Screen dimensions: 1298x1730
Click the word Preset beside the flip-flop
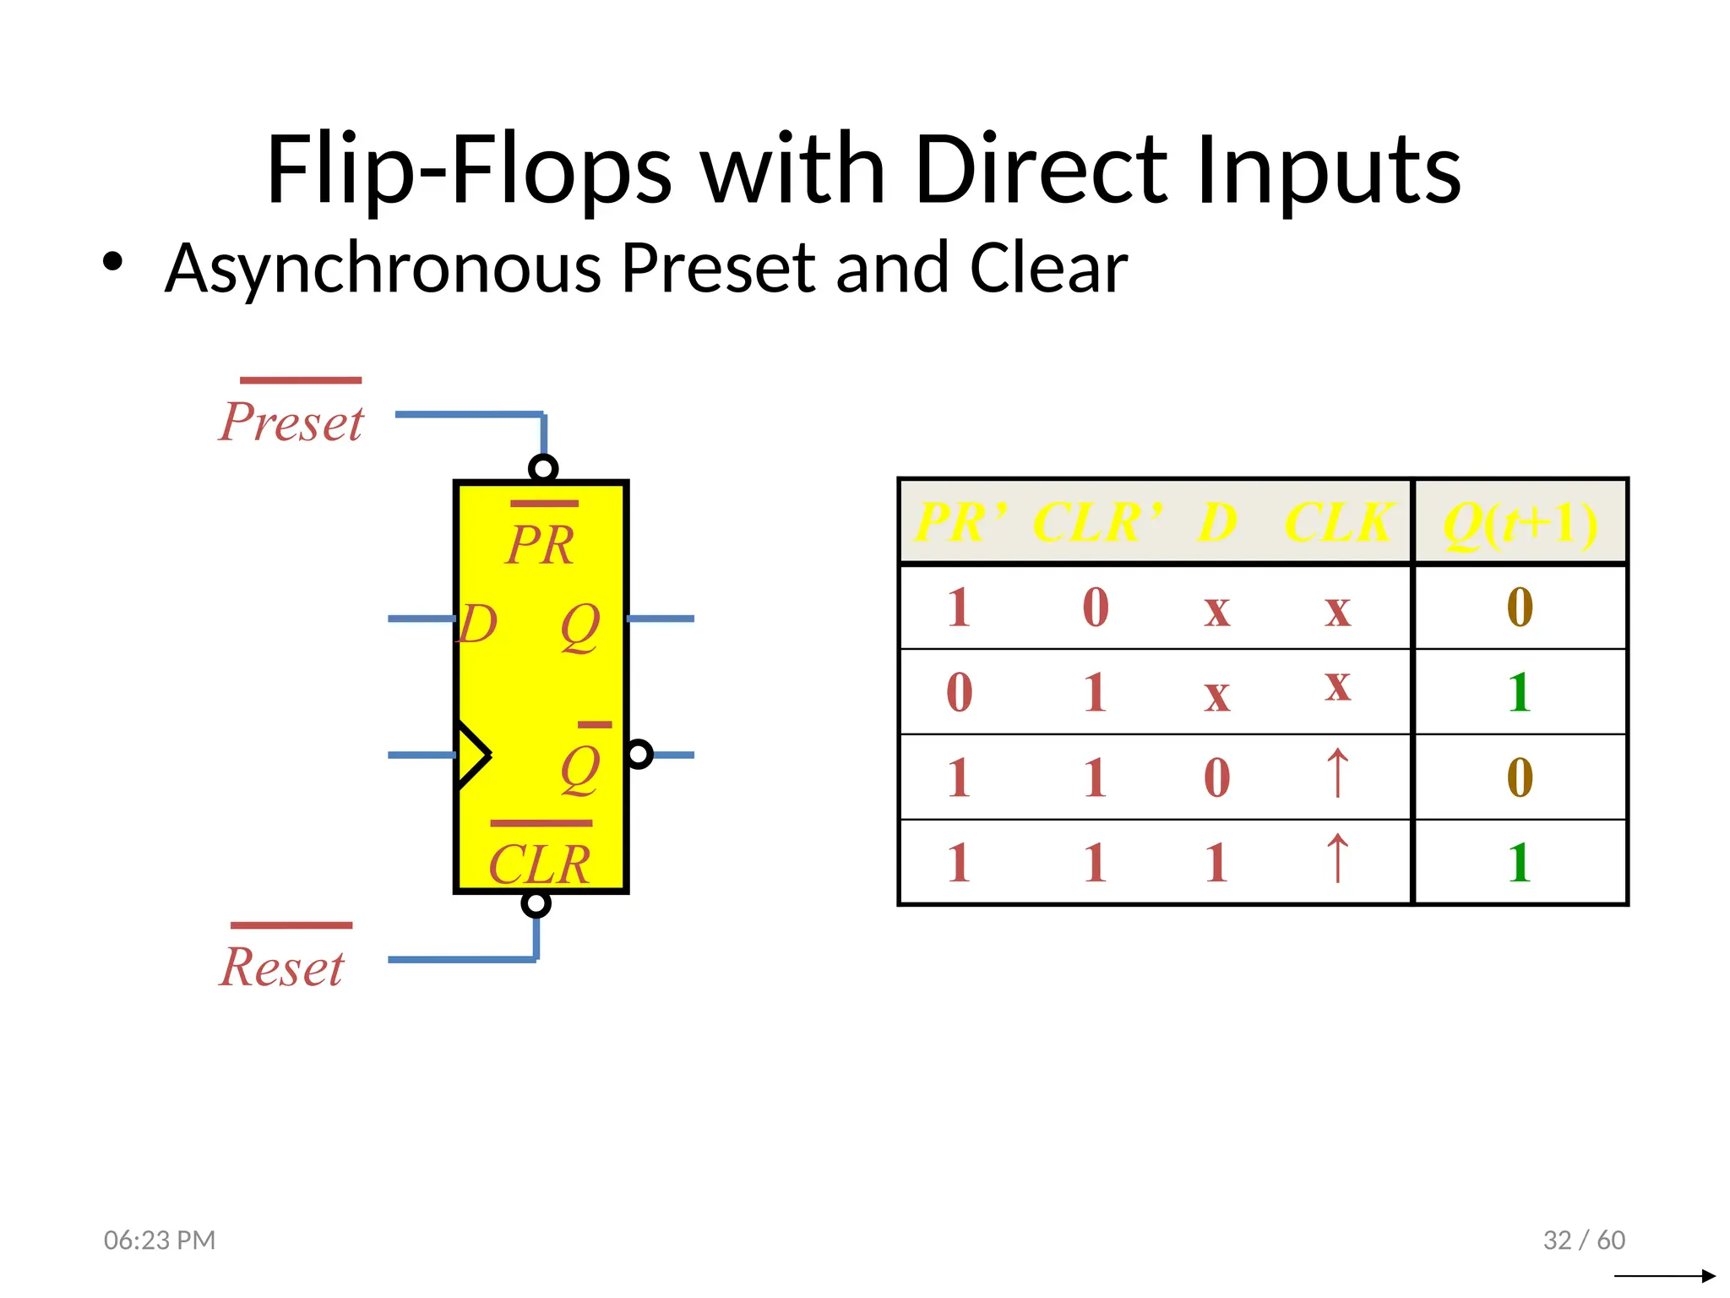[291, 422]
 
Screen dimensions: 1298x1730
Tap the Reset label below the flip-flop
[282, 967]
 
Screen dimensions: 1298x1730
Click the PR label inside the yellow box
[541, 545]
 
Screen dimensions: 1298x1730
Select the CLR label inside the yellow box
[540, 864]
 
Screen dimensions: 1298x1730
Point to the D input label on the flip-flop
[478, 624]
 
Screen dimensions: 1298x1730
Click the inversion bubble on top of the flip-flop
[543, 468]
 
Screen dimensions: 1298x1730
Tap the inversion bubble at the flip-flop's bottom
[536, 903]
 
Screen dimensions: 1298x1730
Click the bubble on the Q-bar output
[639, 754]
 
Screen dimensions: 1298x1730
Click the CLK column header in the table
[1338, 522]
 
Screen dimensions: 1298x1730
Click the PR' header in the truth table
[961, 522]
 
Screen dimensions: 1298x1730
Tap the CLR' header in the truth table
[1096, 522]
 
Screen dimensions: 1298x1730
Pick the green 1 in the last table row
[1519, 863]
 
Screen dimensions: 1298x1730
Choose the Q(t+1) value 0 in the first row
[1519, 608]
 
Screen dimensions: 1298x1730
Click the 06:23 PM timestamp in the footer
[160, 1240]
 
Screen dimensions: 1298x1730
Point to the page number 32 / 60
[1584, 1240]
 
